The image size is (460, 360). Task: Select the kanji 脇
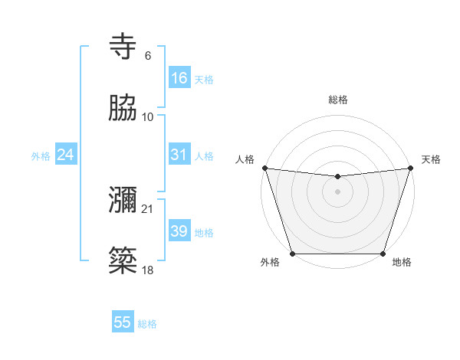[x=123, y=110]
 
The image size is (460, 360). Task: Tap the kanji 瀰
[x=123, y=201]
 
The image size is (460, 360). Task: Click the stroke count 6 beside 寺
[x=148, y=56]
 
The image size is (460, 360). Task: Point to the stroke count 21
[x=147, y=208]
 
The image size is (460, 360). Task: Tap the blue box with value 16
[x=179, y=78]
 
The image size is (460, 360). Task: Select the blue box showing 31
[x=179, y=155]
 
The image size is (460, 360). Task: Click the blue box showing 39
[x=179, y=231]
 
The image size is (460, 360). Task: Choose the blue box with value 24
[x=66, y=155]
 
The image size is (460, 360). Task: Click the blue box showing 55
[x=123, y=322]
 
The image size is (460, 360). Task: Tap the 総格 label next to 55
[x=147, y=324]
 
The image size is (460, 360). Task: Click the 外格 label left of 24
[x=41, y=156]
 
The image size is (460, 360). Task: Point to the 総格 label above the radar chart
[x=337, y=100]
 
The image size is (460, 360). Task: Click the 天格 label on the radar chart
[x=431, y=159]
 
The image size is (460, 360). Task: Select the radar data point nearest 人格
[x=265, y=168]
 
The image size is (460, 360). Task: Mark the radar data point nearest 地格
[x=383, y=254]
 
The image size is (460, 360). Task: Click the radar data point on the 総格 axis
[x=337, y=177]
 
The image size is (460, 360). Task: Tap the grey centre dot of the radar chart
[x=337, y=191]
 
